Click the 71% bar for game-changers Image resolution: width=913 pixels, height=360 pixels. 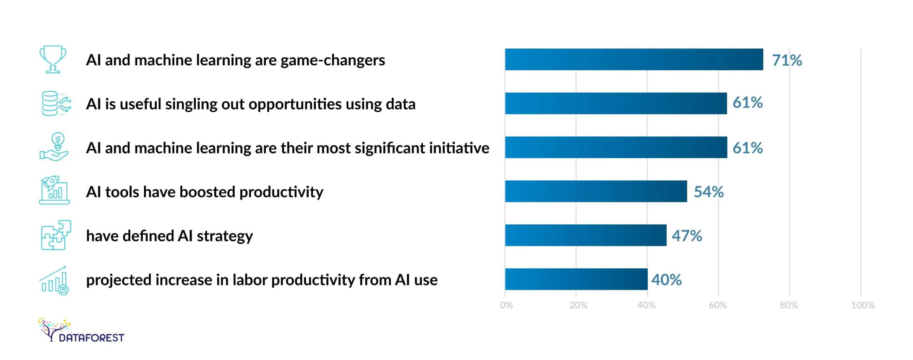click(x=634, y=59)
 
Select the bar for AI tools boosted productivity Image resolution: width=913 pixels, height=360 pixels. click(x=596, y=191)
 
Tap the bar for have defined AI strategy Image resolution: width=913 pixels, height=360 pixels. click(x=586, y=235)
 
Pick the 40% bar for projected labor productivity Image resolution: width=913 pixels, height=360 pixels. click(x=576, y=279)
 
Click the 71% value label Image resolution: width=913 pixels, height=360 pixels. click(x=787, y=60)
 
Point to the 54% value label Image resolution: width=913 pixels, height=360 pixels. click(x=709, y=192)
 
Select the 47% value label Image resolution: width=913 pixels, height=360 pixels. click(x=686, y=236)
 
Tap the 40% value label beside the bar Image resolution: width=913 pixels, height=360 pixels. click(x=666, y=280)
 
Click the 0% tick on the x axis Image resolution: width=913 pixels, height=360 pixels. click(x=506, y=305)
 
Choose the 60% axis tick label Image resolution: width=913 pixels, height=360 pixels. click(x=718, y=305)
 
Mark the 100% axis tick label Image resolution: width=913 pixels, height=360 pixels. click(x=863, y=305)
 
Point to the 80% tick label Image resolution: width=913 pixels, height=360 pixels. click(x=789, y=305)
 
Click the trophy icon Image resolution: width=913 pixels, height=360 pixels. click(x=53, y=59)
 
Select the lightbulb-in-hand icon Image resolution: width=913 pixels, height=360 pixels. click(x=54, y=147)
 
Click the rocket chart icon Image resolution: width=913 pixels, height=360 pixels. click(x=54, y=190)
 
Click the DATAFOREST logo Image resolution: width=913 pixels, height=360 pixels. click(x=81, y=330)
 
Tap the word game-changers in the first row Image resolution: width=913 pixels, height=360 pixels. click(x=332, y=60)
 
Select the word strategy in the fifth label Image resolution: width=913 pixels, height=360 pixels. click(x=225, y=236)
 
